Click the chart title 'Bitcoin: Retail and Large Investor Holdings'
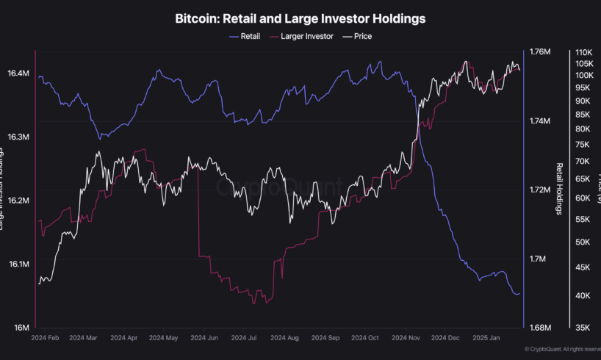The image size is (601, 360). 300,17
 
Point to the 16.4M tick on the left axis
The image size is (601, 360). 18,74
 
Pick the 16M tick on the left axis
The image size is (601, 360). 22,328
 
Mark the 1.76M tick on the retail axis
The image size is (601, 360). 540,52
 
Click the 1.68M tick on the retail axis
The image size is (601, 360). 540,328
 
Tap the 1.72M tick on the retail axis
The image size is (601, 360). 540,190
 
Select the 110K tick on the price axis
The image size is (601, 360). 585,53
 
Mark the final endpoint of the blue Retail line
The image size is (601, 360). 519,294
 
